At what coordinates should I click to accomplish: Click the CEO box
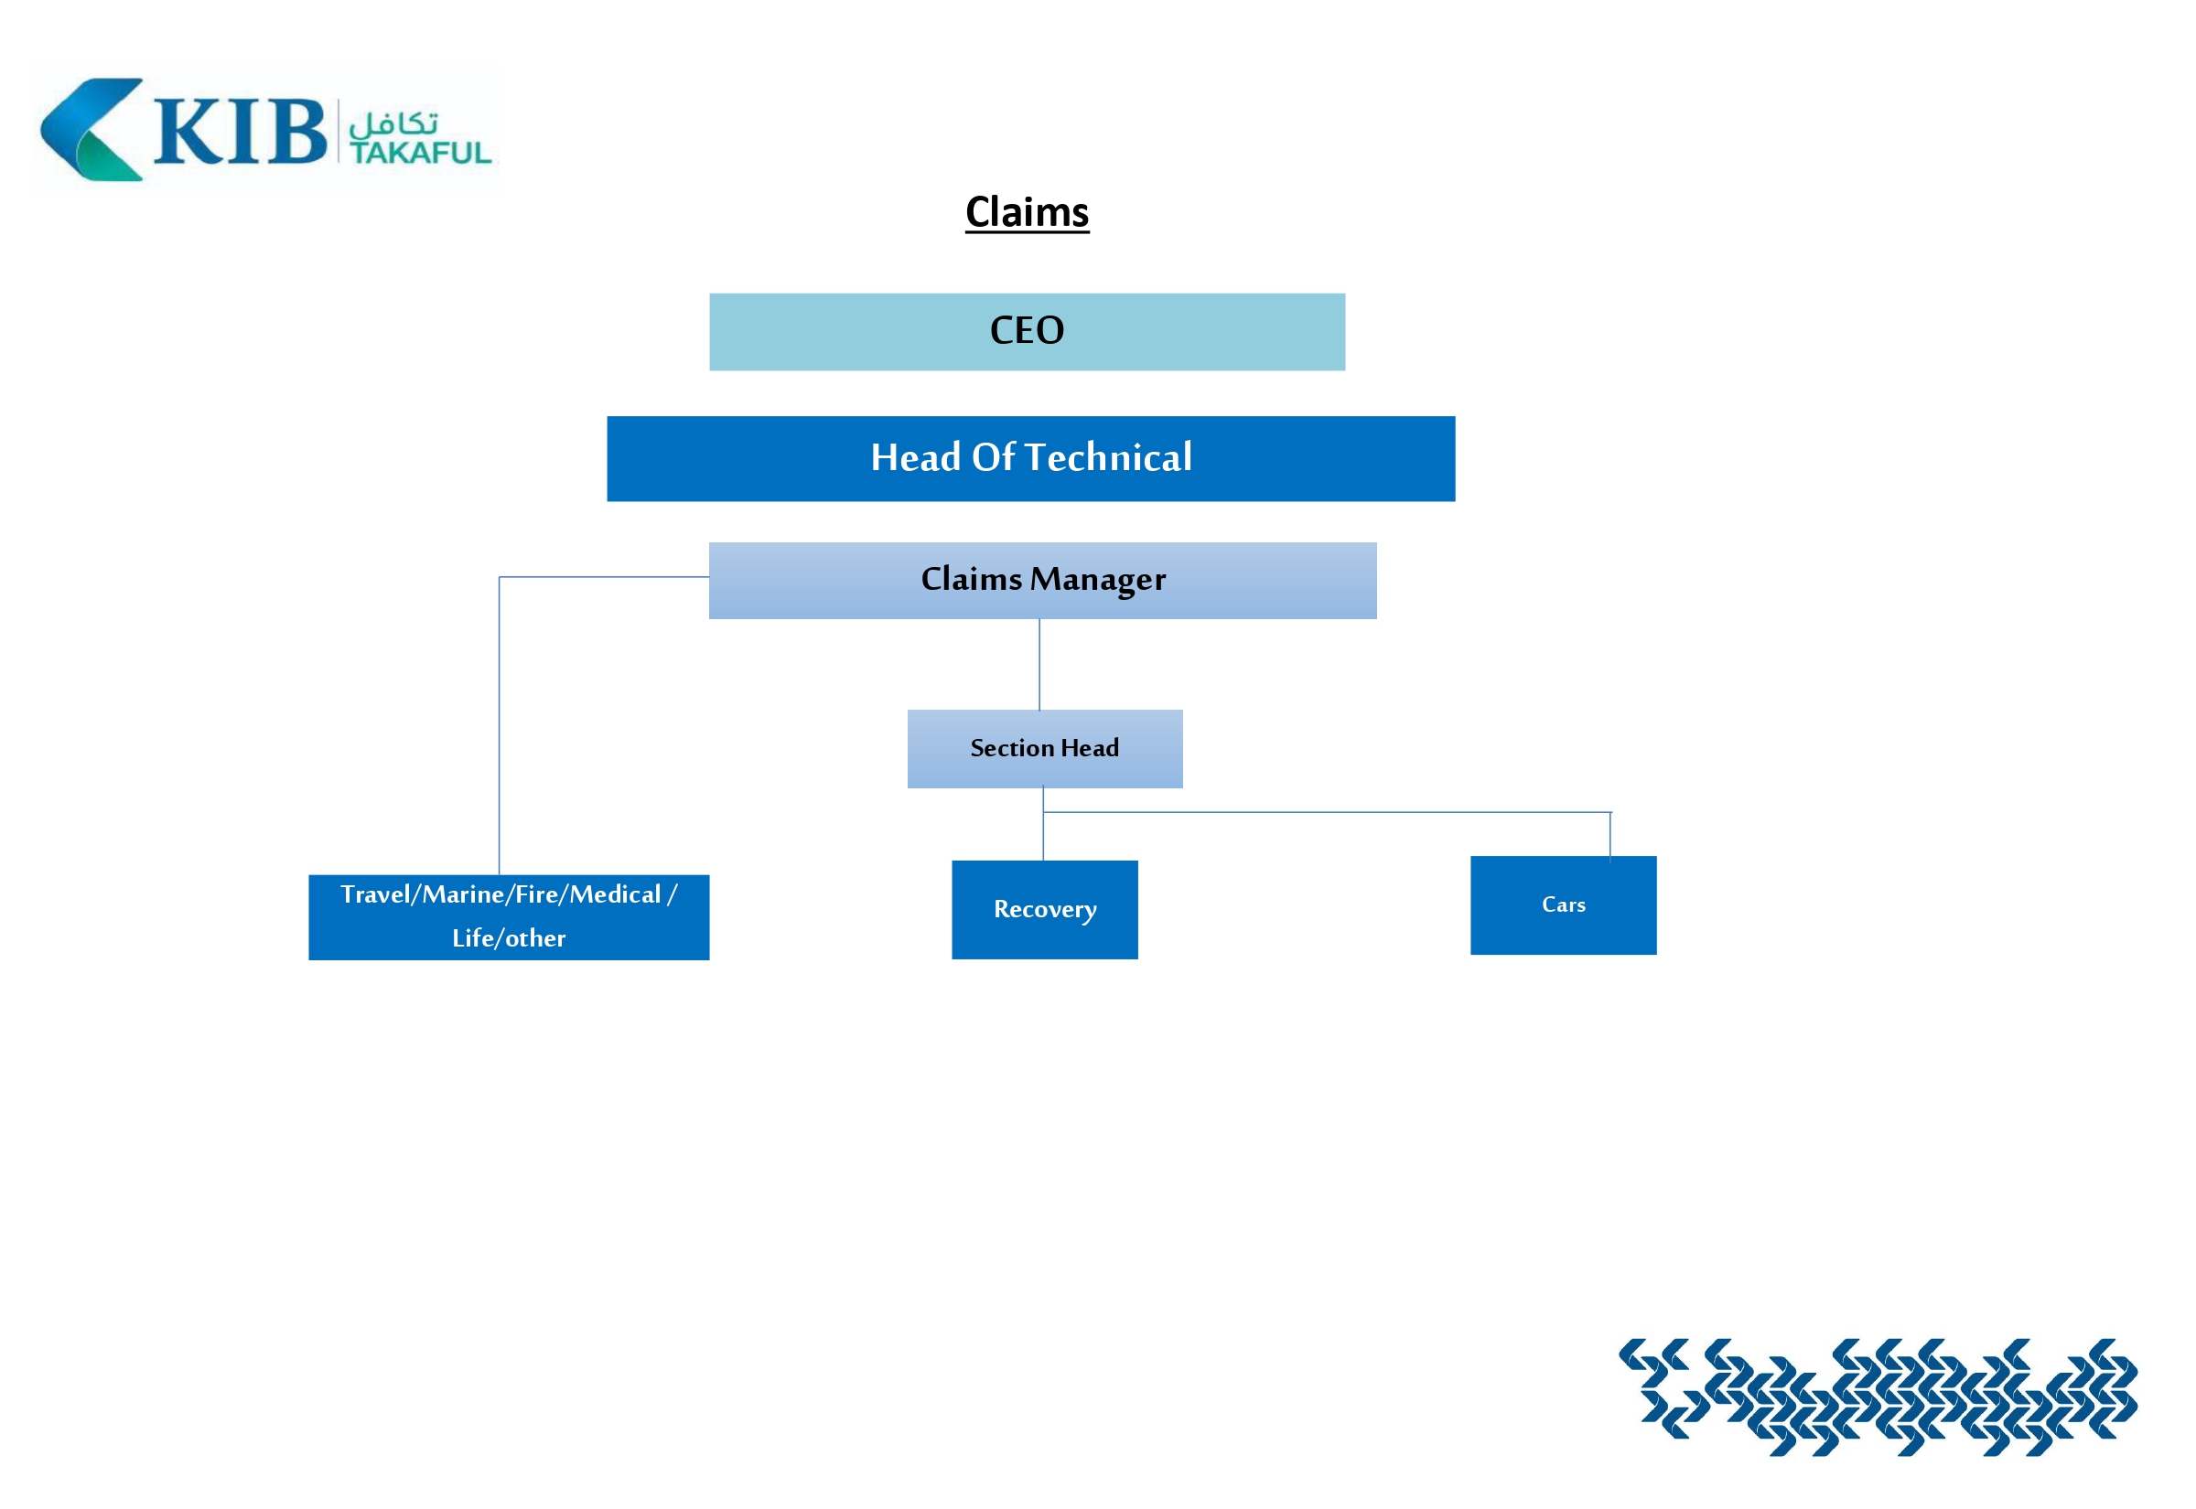1026,331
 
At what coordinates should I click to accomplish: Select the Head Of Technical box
1030,458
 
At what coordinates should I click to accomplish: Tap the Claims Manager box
1042,581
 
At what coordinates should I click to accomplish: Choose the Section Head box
1044,749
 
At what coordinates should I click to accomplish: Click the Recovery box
1044,910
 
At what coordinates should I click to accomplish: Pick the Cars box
1562,904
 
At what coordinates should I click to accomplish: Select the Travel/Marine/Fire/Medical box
508,917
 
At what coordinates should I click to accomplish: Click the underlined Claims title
1026,212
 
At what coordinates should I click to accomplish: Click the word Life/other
508,938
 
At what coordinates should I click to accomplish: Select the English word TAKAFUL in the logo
420,152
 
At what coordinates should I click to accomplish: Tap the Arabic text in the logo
393,123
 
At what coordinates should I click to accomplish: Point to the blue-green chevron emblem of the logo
90,130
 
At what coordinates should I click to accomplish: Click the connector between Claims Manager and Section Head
1039,665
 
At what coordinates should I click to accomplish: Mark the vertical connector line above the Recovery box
1043,836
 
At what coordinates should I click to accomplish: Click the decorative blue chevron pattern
1878,1396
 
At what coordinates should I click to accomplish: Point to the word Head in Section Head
1090,748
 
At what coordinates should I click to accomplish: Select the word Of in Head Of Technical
993,458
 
